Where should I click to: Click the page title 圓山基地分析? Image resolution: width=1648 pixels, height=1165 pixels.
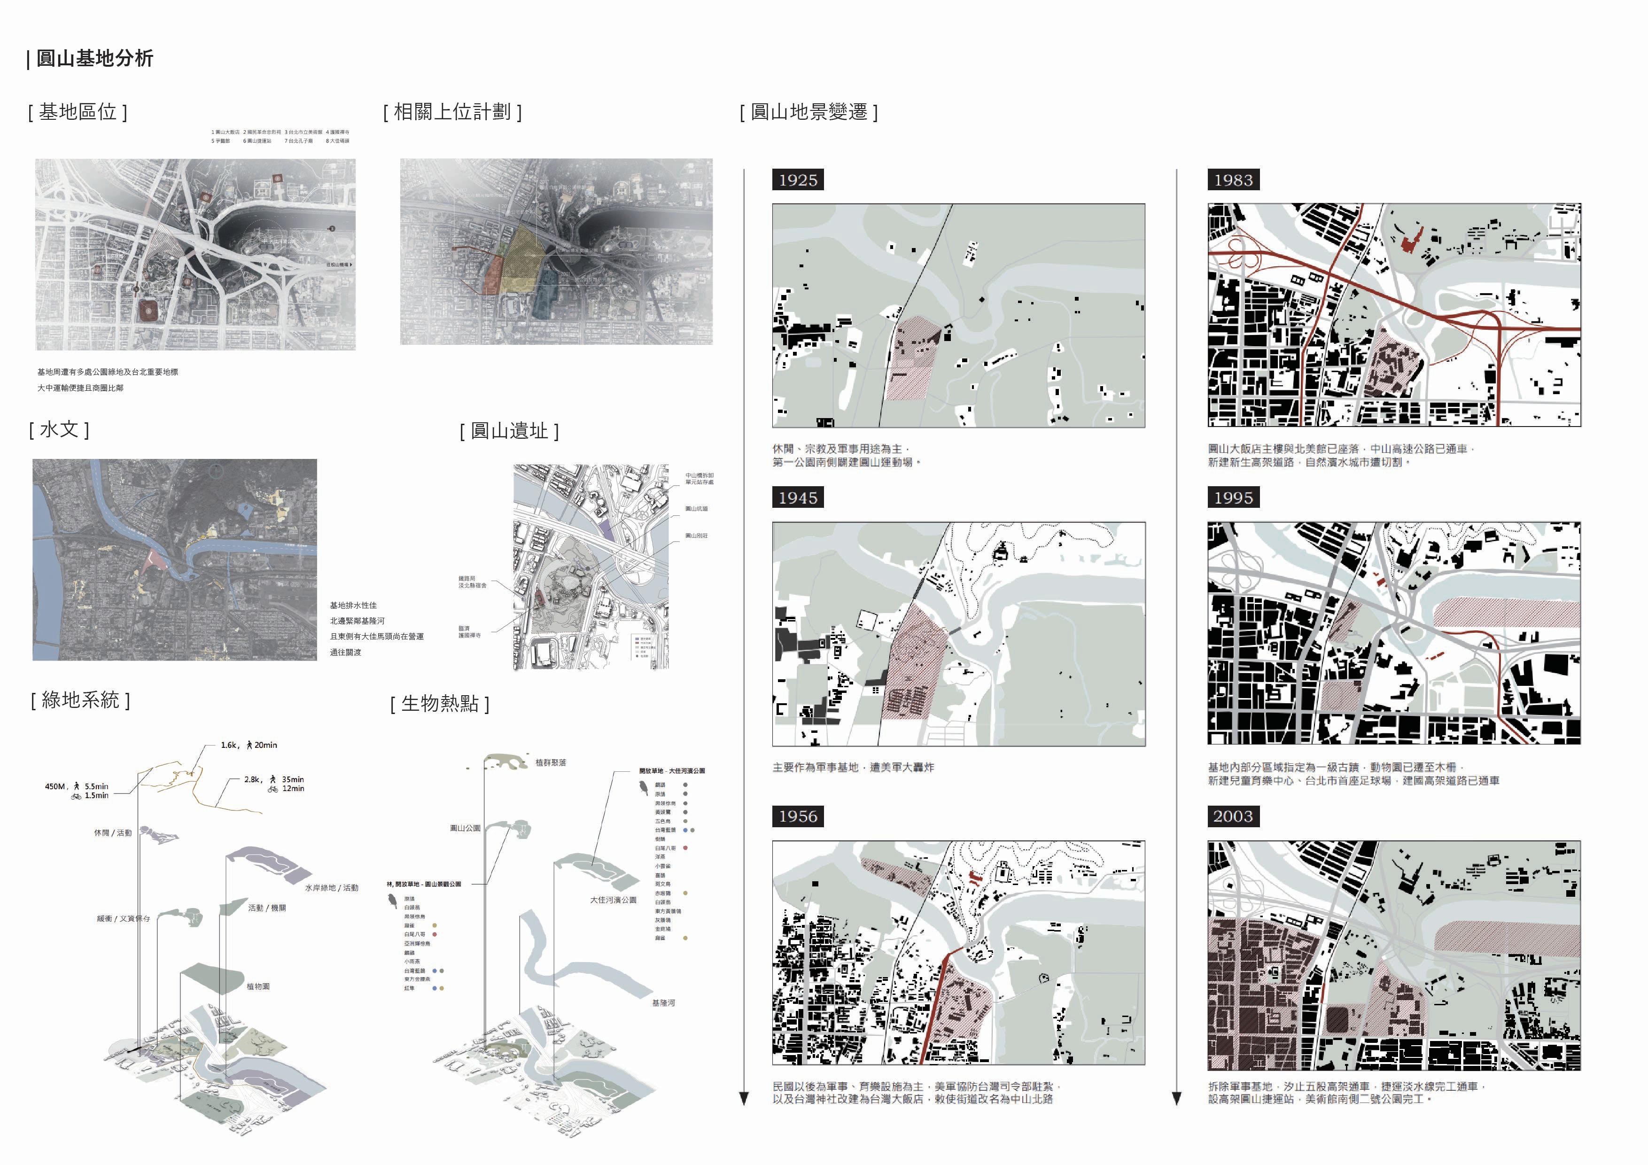pos(94,58)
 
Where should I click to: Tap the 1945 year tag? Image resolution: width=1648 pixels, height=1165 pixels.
pos(797,497)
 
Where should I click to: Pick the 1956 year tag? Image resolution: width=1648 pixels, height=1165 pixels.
pos(797,816)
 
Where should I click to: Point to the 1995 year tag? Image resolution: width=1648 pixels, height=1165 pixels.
pos(1233,497)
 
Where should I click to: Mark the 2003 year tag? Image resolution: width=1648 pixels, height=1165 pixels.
pos(1233,816)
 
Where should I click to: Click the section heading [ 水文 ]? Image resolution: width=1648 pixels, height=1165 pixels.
pos(59,429)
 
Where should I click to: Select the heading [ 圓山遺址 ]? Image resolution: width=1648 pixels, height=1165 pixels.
pos(509,431)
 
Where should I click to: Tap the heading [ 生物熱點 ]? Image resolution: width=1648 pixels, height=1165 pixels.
pos(439,703)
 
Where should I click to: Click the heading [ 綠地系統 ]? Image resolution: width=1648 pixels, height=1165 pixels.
pos(80,700)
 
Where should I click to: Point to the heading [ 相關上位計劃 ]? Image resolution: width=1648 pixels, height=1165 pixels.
pos(452,111)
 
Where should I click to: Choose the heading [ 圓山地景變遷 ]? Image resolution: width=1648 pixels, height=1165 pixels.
pos(809,111)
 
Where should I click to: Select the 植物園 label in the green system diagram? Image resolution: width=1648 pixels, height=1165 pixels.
pos(258,986)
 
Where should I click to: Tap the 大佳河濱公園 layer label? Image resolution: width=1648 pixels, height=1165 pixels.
pos(613,900)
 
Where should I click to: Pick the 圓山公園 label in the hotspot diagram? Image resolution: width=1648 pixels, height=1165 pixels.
pos(465,828)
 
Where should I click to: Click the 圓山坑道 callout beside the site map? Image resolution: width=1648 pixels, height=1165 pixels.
pos(696,509)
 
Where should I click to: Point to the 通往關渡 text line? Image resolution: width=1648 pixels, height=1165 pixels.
pos(345,652)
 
